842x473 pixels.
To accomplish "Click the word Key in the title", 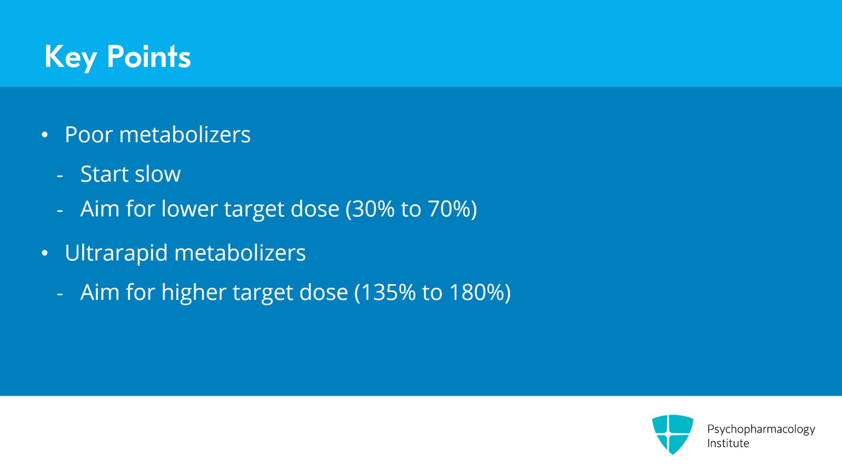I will tap(71, 57).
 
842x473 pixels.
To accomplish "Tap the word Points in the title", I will tap(148, 56).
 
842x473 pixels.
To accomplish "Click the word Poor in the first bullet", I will tap(88, 135).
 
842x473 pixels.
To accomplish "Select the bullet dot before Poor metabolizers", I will tap(45, 135).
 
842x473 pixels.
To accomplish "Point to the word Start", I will tap(104, 174).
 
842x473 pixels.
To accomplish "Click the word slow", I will tap(158, 174).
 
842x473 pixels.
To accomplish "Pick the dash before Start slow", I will tap(60, 175).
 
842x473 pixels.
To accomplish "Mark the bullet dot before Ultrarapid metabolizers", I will tap(45, 254).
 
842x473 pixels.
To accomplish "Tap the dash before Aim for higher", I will tap(60, 294).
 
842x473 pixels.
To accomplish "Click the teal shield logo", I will tap(672, 434).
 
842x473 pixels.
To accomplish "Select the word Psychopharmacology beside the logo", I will tap(761, 429).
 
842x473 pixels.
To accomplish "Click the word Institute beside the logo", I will tap(728, 444).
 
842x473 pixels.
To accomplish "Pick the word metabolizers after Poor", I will tap(185, 135).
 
